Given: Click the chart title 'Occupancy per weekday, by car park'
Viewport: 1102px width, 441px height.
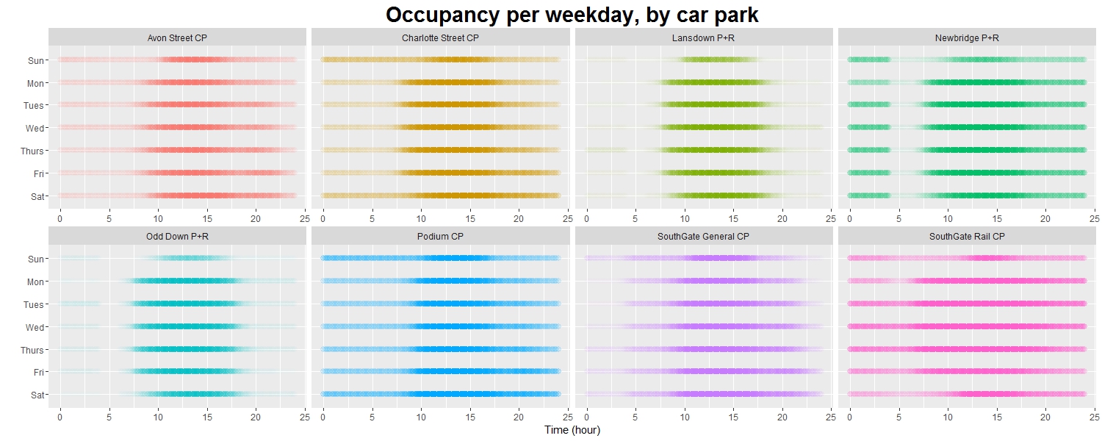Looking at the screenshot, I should tap(572, 14).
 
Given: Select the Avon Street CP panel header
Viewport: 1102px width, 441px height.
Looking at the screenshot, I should tap(176, 37).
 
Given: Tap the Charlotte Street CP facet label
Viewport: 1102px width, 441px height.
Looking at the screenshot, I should tap(440, 37).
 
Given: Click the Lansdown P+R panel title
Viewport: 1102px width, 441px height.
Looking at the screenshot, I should tap(703, 37).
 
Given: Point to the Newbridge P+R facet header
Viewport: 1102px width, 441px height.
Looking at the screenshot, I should tap(967, 37).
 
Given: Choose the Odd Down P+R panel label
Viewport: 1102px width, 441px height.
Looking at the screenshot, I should tap(176, 236).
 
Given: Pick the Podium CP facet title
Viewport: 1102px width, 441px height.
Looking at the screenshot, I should tap(440, 236).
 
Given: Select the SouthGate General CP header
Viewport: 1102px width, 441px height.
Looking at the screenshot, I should tap(703, 236).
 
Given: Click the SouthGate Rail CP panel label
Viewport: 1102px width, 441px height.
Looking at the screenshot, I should tap(967, 236).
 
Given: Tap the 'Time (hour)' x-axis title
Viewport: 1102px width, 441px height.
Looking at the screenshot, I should tap(572, 430).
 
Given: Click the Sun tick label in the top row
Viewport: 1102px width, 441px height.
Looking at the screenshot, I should tap(35, 60).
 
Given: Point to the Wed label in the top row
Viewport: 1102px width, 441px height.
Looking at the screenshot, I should tap(35, 128).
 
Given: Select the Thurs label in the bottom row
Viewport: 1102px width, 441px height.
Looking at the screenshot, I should tap(32, 350).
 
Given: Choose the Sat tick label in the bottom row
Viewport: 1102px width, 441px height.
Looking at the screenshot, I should tap(36, 395).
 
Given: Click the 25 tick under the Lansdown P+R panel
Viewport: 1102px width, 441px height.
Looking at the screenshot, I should tap(831, 218).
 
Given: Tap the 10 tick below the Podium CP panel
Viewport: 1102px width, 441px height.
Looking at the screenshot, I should tap(421, 417).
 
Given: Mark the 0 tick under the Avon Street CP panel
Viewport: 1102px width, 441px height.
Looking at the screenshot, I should tap(60, 218).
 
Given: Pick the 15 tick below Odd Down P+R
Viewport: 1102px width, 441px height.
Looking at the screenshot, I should tap(207, 417).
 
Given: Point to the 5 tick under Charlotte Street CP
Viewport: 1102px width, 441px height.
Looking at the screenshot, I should tap(372, 218).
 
